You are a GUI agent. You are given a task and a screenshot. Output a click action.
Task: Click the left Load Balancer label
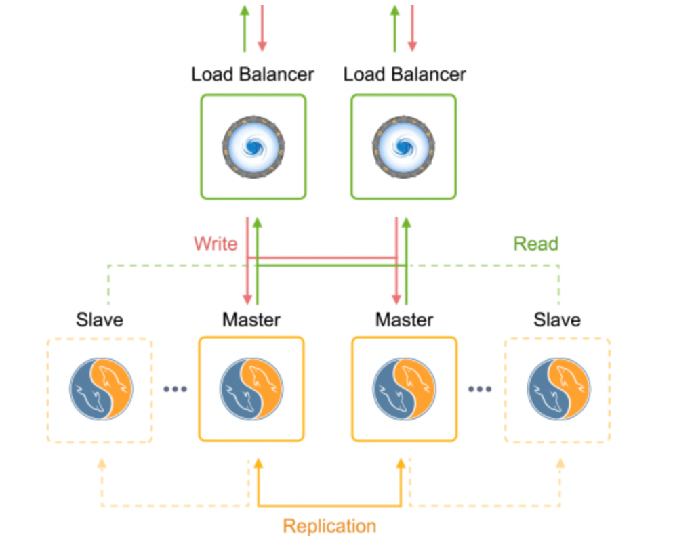[x=252, y=74]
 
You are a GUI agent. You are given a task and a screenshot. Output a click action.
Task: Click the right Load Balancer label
[x=405, y=74]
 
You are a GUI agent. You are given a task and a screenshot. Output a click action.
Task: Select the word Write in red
[x=216, y=244]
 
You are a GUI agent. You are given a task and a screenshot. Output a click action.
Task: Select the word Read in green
[x=535, y=244]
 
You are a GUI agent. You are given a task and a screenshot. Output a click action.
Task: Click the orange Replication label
[x=329, y=526]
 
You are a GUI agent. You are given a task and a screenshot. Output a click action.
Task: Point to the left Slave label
[x=100, y=319]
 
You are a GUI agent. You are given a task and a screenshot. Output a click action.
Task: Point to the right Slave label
[x=557, y=319]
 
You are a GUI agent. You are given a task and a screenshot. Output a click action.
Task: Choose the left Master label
[x=251, y=319]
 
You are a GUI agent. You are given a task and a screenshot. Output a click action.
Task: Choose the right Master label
[x=405, y=319]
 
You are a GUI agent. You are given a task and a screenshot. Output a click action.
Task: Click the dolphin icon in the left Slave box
[x=101, y=390]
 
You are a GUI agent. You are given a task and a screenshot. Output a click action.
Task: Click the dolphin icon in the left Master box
[x=251, y=390]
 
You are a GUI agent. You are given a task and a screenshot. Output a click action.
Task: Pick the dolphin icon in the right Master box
[x=405, y=390]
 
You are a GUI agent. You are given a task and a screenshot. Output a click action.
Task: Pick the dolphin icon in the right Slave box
[x=558, y=390]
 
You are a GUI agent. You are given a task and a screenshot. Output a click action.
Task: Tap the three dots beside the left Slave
[x=175, y=389]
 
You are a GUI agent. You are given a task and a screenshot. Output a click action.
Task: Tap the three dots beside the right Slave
[x=481, y=389]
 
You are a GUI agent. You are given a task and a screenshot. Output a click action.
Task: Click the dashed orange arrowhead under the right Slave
[x=560, y=464]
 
